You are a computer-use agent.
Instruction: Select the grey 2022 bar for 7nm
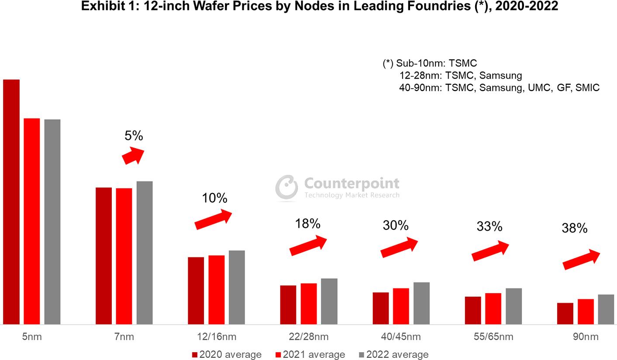point(145,253)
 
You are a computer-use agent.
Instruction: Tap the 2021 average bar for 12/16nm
point(217,290)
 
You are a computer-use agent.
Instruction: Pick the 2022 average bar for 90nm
point(606,309)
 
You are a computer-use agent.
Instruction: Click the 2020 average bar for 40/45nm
point(381,308)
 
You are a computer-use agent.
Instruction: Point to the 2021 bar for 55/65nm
point(493,308)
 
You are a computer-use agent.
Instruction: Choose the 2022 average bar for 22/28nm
point(329,301)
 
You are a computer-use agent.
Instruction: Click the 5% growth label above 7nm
point(134,136)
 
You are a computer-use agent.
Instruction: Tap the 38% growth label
point(575,228)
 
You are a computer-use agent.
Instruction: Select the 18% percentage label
point(308,224)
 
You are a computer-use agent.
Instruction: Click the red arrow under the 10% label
point(213,219)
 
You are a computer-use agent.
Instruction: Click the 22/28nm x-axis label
point(308,337)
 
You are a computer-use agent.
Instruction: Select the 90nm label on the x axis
point(586,337)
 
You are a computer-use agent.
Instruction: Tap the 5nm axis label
point(32,337)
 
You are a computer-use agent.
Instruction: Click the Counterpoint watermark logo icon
point(286,188)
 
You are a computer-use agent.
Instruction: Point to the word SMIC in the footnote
point(587,87)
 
